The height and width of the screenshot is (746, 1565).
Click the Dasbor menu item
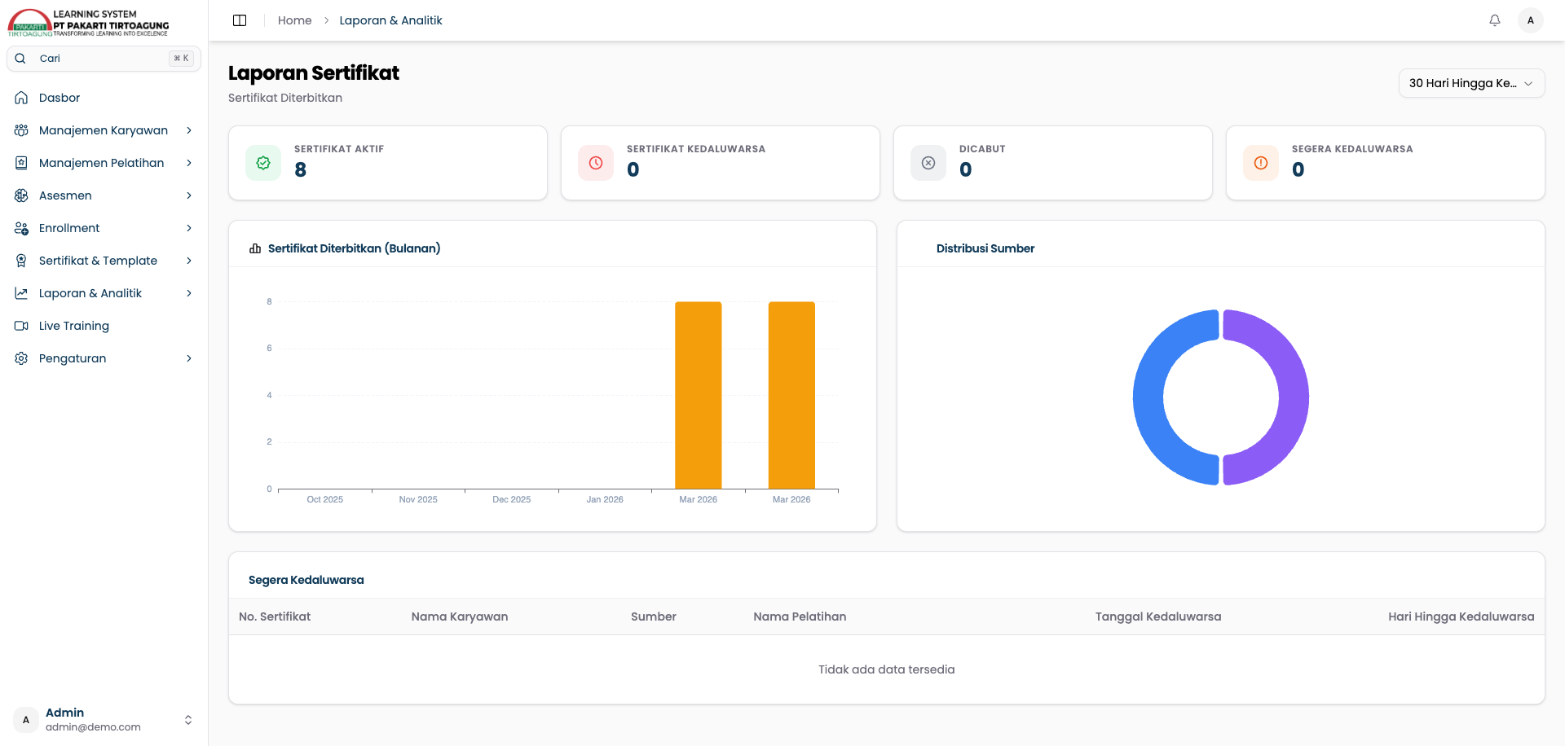click(60, 98)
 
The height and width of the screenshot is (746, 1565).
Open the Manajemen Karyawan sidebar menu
click(104, 130)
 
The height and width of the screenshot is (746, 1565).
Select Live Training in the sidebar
click(74, 326)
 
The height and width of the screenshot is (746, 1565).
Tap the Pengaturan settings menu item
click(73, 358)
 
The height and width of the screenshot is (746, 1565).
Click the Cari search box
click(104, 59)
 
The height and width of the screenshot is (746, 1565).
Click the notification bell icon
click(1495, 20)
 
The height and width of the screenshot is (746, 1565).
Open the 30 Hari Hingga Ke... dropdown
click(1471, 83)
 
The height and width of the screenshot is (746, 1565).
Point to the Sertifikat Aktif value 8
click(301, 169)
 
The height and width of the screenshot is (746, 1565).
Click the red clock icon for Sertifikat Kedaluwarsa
click(596, 163)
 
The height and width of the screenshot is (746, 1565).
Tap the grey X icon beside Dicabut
click(928, 163)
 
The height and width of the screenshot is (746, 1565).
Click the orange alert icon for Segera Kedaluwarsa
click(1261, 163)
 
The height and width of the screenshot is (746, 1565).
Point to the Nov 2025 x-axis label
click(418, 499)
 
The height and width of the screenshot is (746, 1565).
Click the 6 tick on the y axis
click(269, 349)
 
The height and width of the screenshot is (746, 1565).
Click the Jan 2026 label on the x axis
click(605, 499)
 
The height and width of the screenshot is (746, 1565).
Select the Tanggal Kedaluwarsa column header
click(1158, 617)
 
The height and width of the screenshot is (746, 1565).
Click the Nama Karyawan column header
click(460, 617)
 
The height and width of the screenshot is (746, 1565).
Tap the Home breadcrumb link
click(294, 20)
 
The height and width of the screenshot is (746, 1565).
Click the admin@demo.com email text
click(93, 727)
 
